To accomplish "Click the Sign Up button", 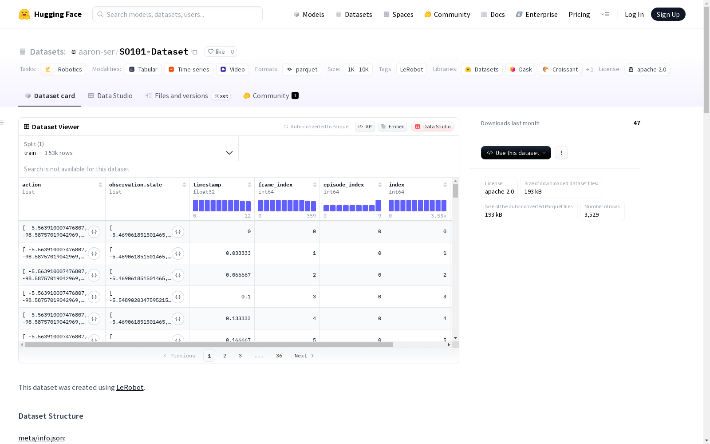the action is tap(668, 14).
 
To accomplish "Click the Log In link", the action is tap(634, 14).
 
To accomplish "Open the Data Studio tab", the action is tap(110, 96).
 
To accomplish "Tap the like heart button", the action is tap(217, 52).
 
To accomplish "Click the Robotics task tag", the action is tap(63, 69).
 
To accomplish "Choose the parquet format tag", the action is tap(302, 69).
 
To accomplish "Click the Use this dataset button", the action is tap(516, 153).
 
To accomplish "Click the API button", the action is tap(365, 127).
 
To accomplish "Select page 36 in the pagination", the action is tap(279, 356).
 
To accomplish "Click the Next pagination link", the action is tap(304, 356).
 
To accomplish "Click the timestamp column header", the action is tap(207, 185).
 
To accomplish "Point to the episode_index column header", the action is tap(343, 185).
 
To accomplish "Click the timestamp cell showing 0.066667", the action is tap(238, 275).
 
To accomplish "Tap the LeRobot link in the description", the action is tap(130, 388).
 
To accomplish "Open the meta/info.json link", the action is tap(41, 438).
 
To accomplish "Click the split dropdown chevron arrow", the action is tap(229, 153).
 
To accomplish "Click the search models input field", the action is tap(177, 14).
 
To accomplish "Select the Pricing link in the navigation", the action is tap(579, 14).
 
